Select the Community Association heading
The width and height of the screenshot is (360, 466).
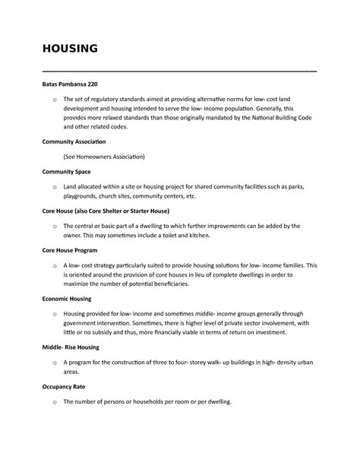[74, 142]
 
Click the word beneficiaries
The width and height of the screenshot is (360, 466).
[188, 284]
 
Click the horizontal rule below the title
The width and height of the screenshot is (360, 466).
[179, 70]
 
